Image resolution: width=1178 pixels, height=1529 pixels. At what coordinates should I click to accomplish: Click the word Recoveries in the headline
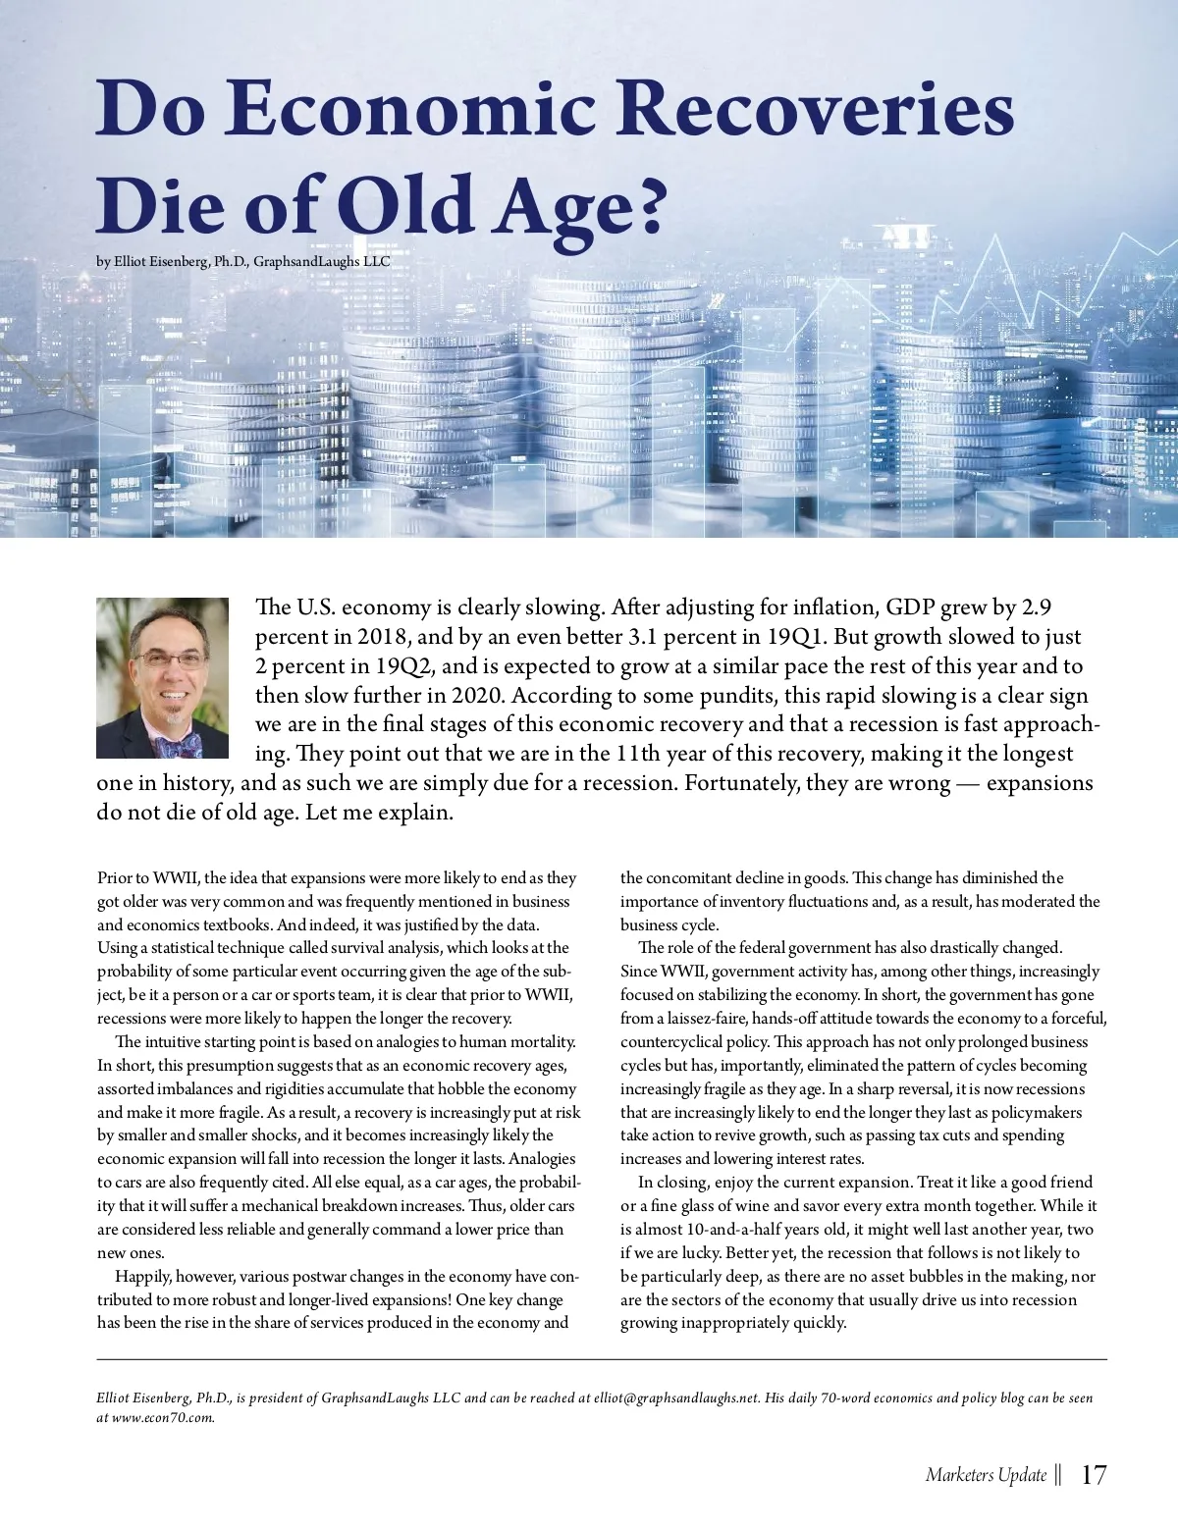click(x=815, y=109)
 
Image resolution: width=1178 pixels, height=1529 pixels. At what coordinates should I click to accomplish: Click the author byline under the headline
click(x=243, y=262)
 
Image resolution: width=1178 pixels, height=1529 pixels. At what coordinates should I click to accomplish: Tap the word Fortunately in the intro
click(x=741, y=783)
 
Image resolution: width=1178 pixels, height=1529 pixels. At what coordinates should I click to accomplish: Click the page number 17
click(x=1093, y=1475)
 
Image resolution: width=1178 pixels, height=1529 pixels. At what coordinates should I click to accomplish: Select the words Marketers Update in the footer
click(x=986, y=1475)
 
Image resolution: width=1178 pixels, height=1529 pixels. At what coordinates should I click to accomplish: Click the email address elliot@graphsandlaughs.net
click(x=676, y=1397)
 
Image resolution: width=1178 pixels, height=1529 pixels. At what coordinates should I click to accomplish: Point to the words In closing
click(x=671, y=1183)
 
